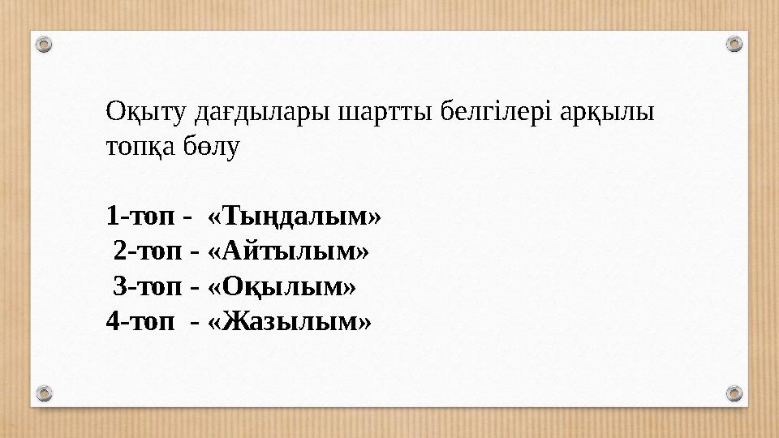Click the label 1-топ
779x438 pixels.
(139, 217)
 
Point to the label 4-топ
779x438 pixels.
(139, 322)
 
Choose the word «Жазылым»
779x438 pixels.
(290, 322)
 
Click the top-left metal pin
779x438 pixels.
(45, 44)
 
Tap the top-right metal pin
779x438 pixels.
(734, 44)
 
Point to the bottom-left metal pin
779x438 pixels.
(45, 393)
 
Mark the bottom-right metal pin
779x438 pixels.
(734, 393)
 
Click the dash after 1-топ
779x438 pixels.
(188, 217)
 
